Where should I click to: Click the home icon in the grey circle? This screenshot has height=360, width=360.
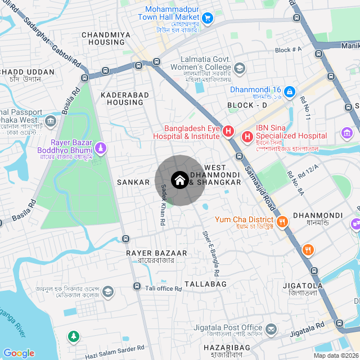179,181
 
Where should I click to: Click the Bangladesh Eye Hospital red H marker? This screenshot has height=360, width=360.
228,132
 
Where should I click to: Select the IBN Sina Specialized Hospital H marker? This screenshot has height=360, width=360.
247,136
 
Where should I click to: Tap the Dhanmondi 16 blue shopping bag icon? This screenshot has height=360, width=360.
289,91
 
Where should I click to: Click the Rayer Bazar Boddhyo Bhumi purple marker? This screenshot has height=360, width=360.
100,148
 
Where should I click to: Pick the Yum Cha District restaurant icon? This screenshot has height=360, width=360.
282,221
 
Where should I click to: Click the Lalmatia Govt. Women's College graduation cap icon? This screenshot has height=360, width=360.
240,69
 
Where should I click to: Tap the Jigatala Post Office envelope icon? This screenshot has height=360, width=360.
271,328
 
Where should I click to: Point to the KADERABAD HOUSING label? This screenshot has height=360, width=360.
122,99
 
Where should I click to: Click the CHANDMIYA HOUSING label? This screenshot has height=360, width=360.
106,38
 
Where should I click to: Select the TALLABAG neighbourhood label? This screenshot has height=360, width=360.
205,284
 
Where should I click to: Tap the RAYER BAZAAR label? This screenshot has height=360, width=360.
150,253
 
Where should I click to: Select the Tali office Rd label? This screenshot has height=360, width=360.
164,289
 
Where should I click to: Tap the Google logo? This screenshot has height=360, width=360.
19,353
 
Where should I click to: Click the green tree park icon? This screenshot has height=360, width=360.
73,336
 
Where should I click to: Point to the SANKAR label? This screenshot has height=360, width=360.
133,182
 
